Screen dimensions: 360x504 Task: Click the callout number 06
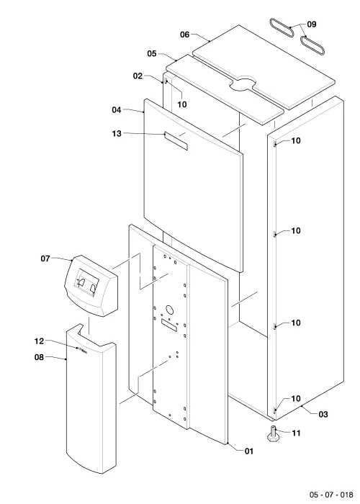coord(184,35)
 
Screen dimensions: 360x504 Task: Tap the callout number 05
coord(152,53)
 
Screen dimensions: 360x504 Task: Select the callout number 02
coord(138,76)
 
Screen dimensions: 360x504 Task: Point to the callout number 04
coord(117,110)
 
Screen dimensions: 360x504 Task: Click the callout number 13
coord(117,133)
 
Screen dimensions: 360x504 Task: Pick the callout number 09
coord(312,24)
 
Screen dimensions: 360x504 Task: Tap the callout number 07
coord(45,258)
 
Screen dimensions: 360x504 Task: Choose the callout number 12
coord(39,341)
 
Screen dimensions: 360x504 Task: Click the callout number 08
coord(39,357)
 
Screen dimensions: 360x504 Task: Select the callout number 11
coord(296,433)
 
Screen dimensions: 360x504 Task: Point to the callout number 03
coord(323,414)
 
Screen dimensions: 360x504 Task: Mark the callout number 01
coord(249,451)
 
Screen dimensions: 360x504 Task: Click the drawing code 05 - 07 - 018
coord(331,495)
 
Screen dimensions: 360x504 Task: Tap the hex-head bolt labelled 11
coord(273,433)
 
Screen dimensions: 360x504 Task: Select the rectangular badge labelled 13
coord(176,141)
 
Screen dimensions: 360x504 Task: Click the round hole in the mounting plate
coord(169,310)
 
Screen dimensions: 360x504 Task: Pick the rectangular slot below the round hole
coord(169,325)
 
